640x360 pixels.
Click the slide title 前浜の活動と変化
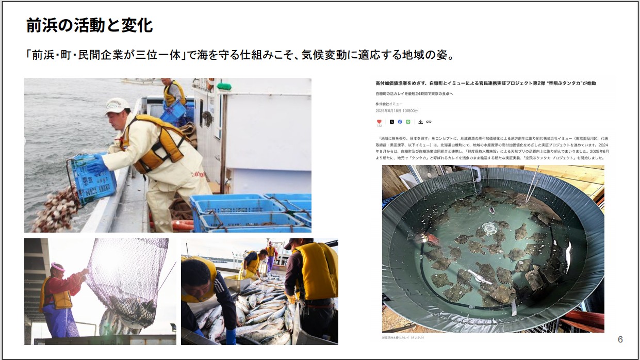[x=89, y=25]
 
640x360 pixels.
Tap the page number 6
[x=620, y=339]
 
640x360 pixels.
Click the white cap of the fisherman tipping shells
[x=117, y=105]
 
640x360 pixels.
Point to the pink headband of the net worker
[x=57, y=266]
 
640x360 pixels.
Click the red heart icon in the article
[x=379, y=122]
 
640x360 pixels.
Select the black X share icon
[x=391, y=122]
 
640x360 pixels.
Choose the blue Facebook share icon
[x=400, y=122]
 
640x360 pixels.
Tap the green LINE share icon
[x=408, y=122]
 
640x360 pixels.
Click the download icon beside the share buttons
[x=421, y=122]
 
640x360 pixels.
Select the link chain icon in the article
[x=429, y=122]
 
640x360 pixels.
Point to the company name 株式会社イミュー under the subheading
[x=389, y=104]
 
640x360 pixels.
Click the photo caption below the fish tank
[x=403, y=337]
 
